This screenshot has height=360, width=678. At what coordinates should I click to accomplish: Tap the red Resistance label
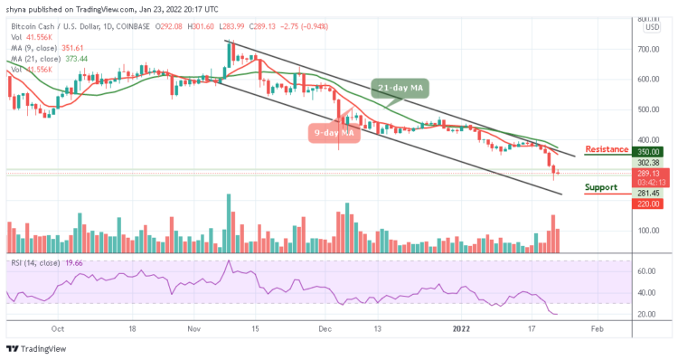point(607,149)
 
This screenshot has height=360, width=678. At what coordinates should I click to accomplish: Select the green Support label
point(600,188)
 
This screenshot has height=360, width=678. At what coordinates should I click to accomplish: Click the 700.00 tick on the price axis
point(649,49)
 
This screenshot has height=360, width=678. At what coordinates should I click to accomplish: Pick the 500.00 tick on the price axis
point(649,109)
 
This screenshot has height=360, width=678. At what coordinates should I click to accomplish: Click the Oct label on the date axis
point(57,329)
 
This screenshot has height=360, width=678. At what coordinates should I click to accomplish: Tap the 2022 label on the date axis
point(460,329)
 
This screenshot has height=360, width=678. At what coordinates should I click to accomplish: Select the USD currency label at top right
point(651,27)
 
